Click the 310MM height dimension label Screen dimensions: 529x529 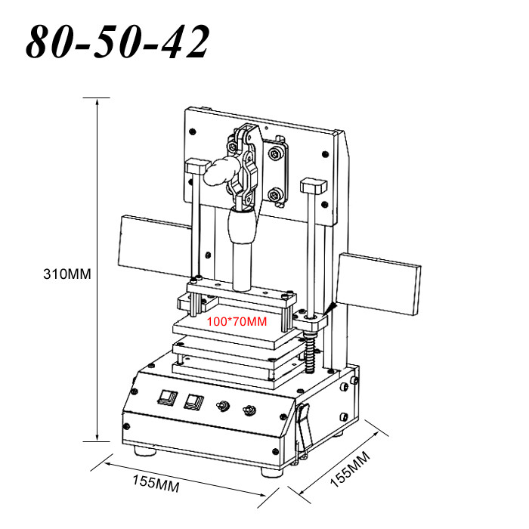tap(67, 274)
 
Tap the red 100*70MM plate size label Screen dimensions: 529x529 tap(237, 322)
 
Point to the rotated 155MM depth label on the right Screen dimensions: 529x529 tap(349, 469)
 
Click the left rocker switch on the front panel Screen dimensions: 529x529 tap(166, 398)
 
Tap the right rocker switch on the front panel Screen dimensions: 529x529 tap(195, 402)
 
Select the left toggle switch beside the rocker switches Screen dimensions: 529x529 tap(223, 407)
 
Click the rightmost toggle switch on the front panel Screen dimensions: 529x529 tap(247, 411)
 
